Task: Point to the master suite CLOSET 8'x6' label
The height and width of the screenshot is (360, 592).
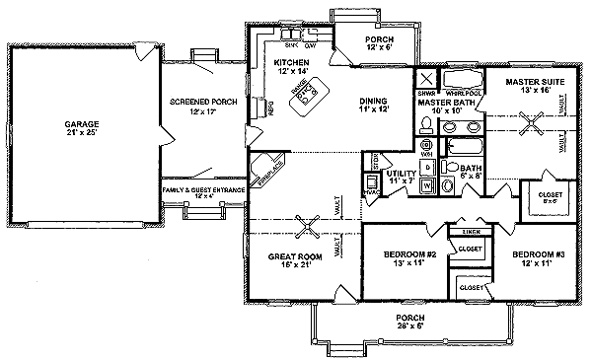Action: pos(542,197)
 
